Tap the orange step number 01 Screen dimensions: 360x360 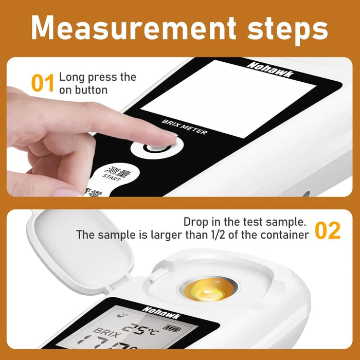(x=43, y=84)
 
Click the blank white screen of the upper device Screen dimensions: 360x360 (x=229, y=98)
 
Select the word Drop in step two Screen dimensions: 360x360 (x=195, y=223)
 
